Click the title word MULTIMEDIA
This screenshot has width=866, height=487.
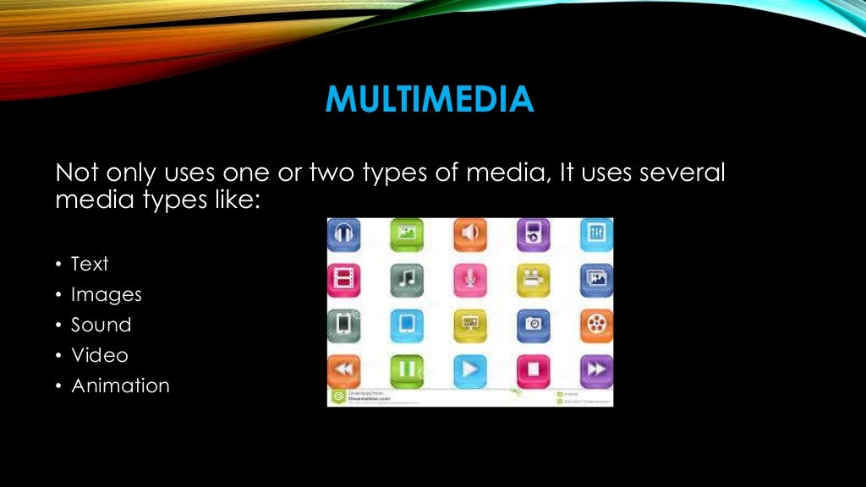[x=430, y=101]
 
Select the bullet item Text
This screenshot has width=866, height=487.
[x=90, y=264]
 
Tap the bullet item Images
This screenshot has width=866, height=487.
[x=106, y=294]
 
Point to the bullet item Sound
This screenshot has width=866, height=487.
[x=101, y=325]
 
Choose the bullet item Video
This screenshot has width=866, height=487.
[x=99, y=355]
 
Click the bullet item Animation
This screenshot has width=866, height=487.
[x=120, y=386]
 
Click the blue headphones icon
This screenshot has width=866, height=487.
[x=343, y=234]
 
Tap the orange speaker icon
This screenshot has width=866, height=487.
[x=470, y=234]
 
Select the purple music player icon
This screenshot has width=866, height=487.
[x=533, y=234]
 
